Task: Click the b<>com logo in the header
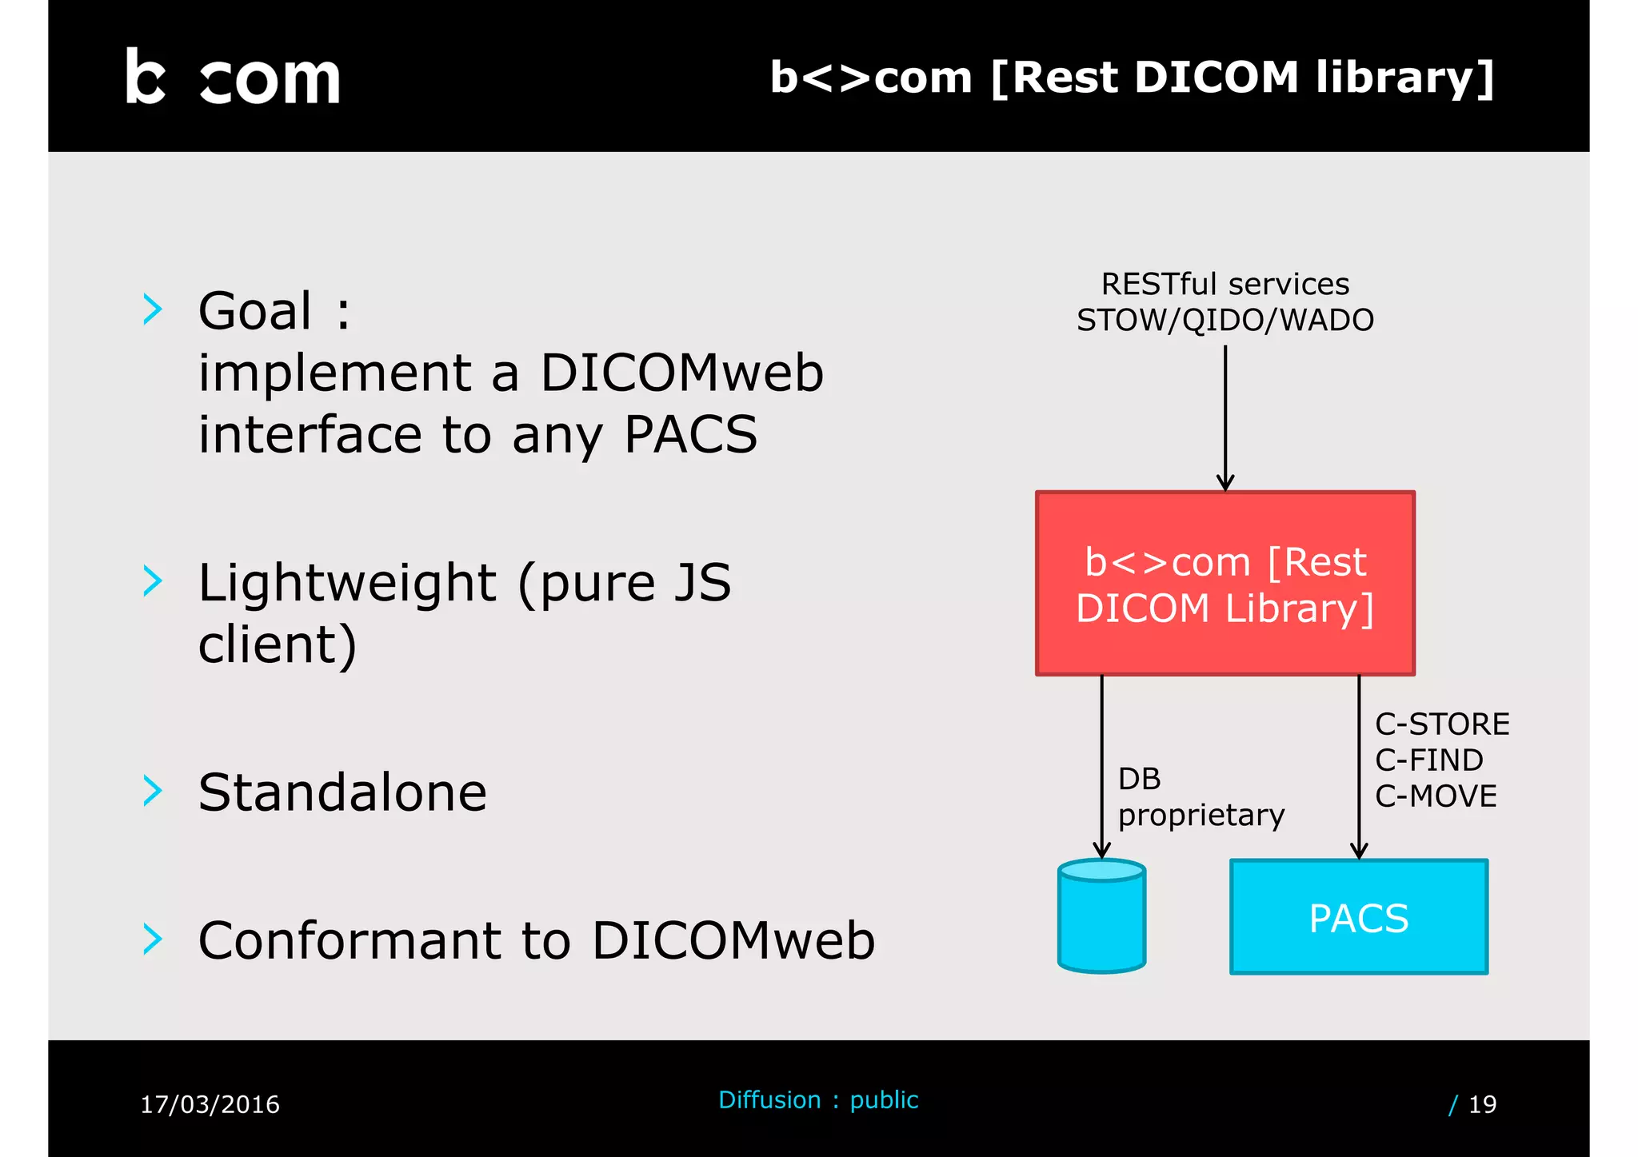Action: (233, 78)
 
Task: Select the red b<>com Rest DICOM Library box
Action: (1225, 584)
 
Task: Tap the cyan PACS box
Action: (1358, 917)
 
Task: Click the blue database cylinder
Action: (1101, 916)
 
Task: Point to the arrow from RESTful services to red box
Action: (1225, 416)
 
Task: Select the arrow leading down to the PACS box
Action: (1359, 768)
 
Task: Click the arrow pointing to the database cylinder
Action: (1102, 768)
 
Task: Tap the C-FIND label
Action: (1428, 760)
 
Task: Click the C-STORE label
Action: (1442, 724)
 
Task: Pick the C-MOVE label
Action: (1436, 796)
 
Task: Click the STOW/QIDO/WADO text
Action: (1225, 320)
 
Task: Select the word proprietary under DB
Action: (1201, 816)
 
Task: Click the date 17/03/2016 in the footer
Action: (210, 1104)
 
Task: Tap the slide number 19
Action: (1482, 1104)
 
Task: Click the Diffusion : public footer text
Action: (818, 1100)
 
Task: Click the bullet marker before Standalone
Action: (152, 791)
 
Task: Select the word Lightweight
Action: (347, 582)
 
